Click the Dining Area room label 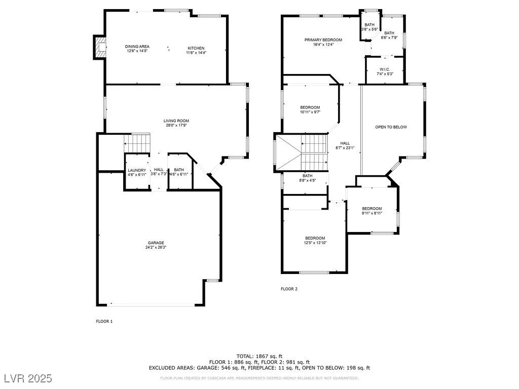137,46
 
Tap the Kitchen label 196,48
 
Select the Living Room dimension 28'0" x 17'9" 176,126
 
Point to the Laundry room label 137,170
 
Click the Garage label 156,243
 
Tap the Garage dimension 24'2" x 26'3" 156,247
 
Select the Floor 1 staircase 137,143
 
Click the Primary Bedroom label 323,40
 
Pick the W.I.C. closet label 385,69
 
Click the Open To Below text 391,127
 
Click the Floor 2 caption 289,289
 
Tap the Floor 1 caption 104,321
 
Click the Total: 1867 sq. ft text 259,356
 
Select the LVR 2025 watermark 28,378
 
